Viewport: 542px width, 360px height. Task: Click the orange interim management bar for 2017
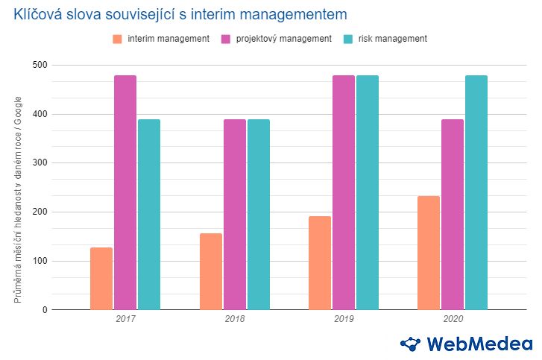tap(101, 278)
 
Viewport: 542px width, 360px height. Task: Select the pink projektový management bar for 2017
tap(125, 192)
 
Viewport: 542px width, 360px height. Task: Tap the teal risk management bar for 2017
tap(149, 215)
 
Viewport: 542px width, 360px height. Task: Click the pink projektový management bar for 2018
tap(235, 215)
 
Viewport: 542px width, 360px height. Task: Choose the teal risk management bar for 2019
tap(368, 192)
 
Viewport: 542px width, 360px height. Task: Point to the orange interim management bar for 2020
tap(429, 253)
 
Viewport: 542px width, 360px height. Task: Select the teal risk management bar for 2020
tap(476, 192)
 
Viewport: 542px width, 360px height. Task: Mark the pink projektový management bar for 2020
tap(453, 215)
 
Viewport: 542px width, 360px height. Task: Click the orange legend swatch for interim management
tap(117, 39)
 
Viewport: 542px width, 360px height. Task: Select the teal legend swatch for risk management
tap(348, 39)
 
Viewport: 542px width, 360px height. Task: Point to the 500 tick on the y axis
tap(40, 66)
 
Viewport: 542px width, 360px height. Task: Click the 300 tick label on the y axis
tap(40, 163)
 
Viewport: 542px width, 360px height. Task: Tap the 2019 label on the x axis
tap(344, 319)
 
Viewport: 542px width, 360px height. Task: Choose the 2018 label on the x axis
tap(235, 319)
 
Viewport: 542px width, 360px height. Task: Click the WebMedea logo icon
tap(411, 344)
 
